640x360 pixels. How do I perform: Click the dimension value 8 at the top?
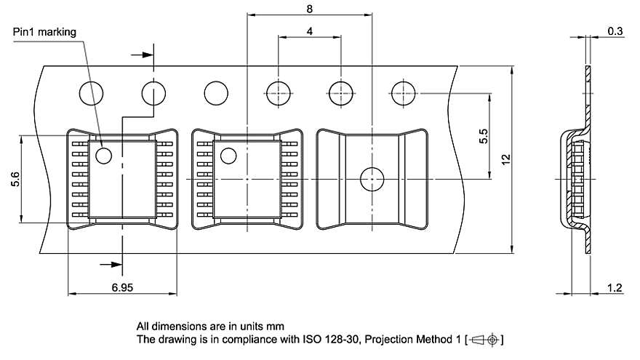click(310, 9)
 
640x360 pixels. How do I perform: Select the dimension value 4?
click(310, 32)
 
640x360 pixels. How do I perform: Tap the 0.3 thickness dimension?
click(615, 31)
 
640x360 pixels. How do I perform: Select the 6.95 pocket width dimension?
click(122, 289)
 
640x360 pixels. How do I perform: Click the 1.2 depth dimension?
click(614, 289)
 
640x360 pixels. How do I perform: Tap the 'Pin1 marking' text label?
click(44, 32)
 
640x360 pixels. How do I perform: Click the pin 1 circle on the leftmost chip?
click(103, 155)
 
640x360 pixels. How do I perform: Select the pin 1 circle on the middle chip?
click(228, 155)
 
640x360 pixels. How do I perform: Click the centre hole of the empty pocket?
click(372, 178)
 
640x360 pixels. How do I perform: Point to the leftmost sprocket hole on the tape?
click(91, 93)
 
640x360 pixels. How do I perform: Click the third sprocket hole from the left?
click(216, 93)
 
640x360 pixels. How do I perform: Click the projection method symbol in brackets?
click(485, 340)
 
